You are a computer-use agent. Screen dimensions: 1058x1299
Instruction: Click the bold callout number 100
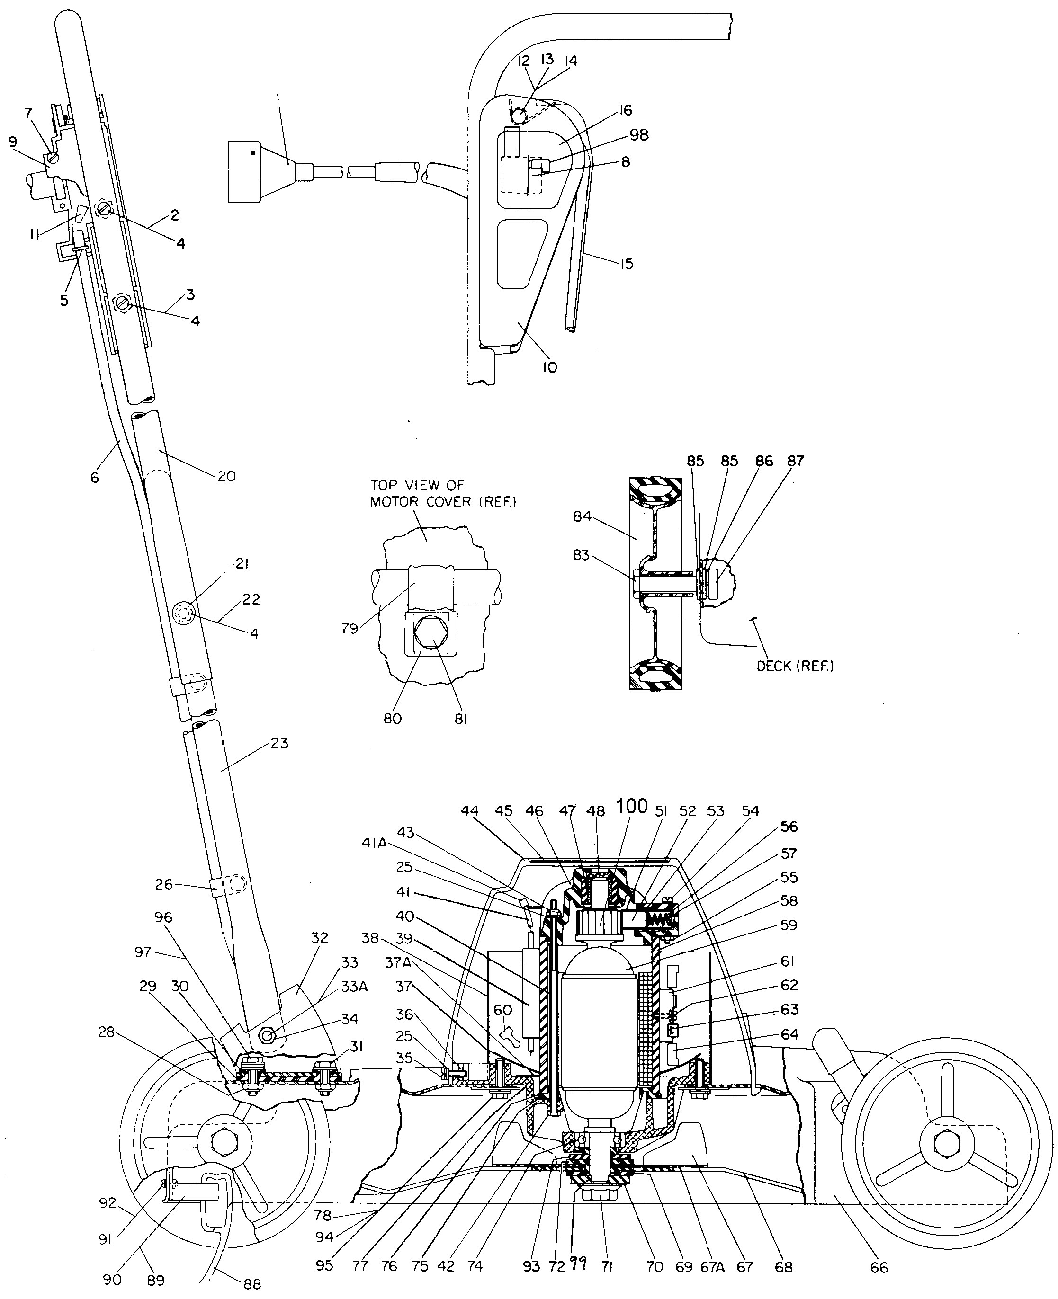631,806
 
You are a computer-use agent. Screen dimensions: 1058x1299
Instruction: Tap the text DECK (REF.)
795,666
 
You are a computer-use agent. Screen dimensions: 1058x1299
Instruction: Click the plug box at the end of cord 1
244,171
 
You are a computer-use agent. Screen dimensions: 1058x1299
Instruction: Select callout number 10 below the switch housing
550,367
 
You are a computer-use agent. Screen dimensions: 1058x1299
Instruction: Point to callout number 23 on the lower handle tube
279,743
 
